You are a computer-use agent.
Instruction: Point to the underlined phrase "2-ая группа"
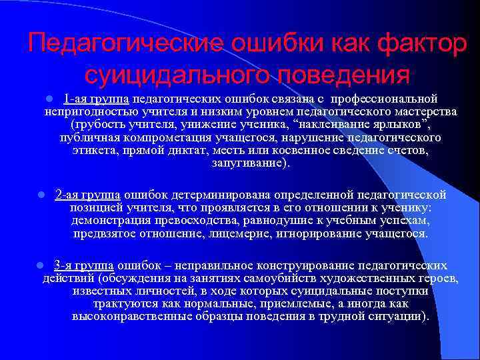point(87,195)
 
